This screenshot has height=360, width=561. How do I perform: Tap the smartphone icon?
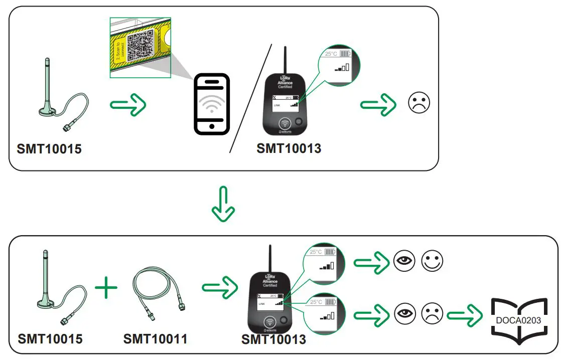pyautogui.click(x=212, y=104)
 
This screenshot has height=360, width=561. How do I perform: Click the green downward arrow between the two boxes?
pyautogui.click(x=223, y=204)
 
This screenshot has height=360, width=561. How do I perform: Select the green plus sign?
pyautogui.click(x=106, y=290)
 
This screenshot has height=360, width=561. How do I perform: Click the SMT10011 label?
pyautogui.click(x=155, y=339)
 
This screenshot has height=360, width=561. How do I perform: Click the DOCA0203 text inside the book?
pyautogui.click(x=518, y=319)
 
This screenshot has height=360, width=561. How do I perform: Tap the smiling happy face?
pyautogui.click(x=432, y=262)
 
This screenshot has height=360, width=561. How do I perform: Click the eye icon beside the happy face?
pyautogui.click(x=404, y=262)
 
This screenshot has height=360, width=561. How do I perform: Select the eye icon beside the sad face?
pyautogui.click(x=404, y=315)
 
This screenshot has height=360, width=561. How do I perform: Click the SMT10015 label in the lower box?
pyautogui.click(x=50, y=339)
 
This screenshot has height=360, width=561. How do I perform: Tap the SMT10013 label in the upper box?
pyautogui.click(x=289, y=148)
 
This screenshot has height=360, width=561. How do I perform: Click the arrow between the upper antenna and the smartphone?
pyautogui.click(x=128, y=104)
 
